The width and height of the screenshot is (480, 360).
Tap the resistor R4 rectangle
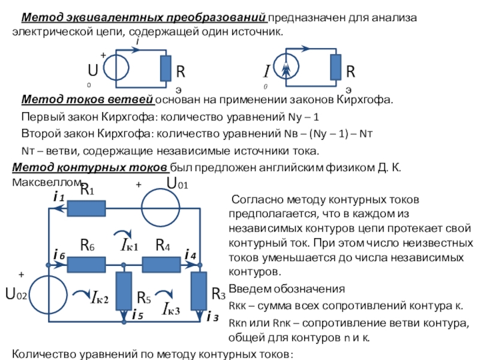click(161, 262)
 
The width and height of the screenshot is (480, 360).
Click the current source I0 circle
click(287, 67)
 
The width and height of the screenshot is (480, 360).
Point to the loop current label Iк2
click(97, 298)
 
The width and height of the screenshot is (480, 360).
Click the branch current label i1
click(59, 196)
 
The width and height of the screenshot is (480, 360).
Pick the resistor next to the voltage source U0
click(165, 67)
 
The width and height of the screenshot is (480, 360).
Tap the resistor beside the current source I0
click(335, 67)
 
